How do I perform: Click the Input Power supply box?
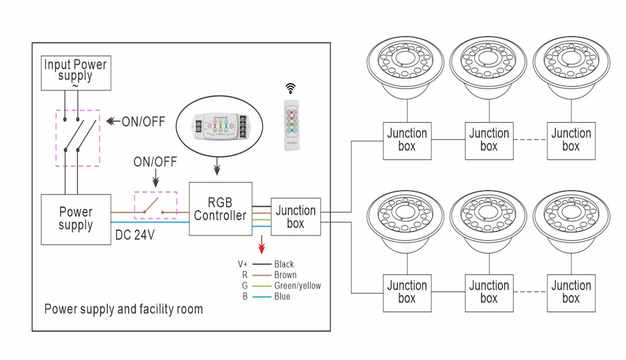point(76,73)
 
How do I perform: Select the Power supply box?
point(76,219)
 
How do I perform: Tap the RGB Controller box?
point(220,210)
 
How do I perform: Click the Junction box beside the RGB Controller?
point(295,217)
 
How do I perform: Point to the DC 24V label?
point(135,235)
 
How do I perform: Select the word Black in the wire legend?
point(283,264)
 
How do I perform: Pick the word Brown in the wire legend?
point(285,275)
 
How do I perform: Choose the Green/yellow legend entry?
point(298,286)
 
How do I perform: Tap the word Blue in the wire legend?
point(282,296)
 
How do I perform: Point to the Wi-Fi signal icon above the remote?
point(290,89)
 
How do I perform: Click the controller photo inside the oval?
point(220,126)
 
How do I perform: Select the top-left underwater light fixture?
point(406,68)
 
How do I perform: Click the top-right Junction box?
point(571,140)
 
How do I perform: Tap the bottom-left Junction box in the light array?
point(406,293)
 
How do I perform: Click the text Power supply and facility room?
point(123,309)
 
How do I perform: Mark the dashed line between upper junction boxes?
point(530,140)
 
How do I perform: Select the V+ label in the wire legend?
point(243,264)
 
